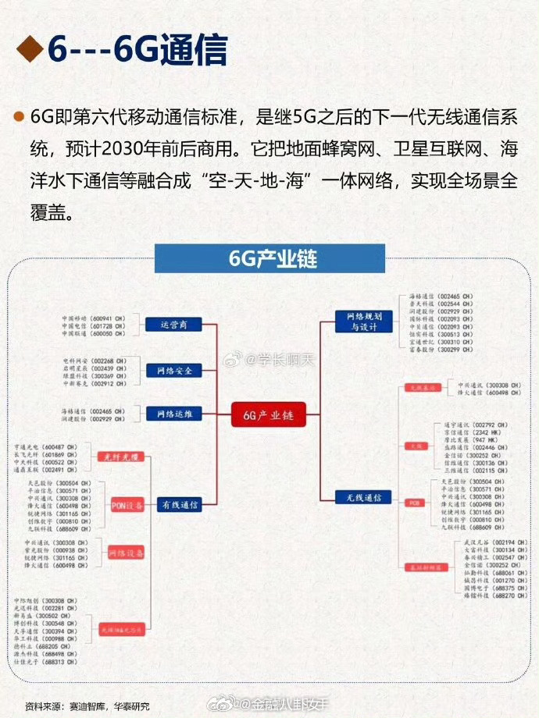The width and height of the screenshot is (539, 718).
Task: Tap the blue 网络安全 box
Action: [x=174, y=371]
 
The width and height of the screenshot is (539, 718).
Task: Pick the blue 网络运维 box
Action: [x=174, y=414]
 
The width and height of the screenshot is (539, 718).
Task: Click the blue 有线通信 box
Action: [x=179, y=504]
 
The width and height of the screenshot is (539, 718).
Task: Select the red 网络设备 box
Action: [x=124, y=553]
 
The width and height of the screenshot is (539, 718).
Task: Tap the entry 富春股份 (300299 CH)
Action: [x=441, y=350]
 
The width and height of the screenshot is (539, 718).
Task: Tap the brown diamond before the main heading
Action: [x=29, y=50]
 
